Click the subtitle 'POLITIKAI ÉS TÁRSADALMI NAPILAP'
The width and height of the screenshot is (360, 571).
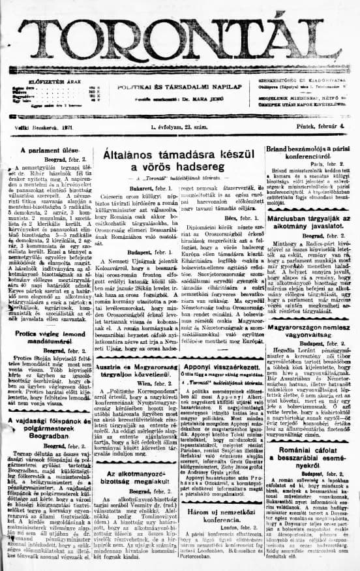coord(180,86)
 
